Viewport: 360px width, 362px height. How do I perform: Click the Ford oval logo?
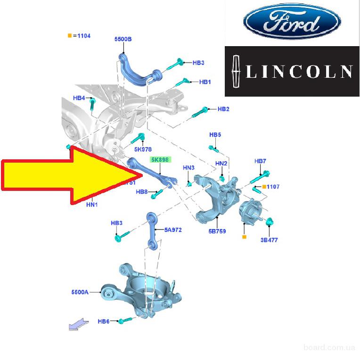[x=292, y=22]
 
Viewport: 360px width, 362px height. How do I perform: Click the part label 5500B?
[x=123, y=39]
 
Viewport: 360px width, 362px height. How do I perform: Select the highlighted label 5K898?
[x=159, y=160]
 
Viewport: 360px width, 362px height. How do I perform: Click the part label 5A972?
[x=173, y=230]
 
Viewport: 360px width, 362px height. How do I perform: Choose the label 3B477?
[x=269, y=240]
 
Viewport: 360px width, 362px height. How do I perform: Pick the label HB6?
[x=103, y=321]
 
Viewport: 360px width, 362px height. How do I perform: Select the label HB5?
[x=215, y=135]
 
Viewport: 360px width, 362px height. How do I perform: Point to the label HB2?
[x=223, y=109]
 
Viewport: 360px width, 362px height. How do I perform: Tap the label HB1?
[x=205, y=82]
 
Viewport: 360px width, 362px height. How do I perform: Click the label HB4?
[x=79, y=98]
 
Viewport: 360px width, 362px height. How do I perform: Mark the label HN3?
[x=188, y=168]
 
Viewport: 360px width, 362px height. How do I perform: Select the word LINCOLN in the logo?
[x=300, y=71]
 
